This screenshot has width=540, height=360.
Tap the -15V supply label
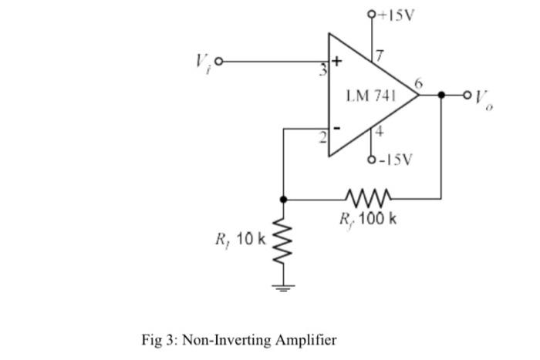coord(395,160)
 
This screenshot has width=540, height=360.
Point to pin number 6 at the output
coord(417,82)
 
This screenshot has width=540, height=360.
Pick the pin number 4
coord(379,132)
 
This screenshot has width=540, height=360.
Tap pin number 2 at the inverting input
coord(325,136)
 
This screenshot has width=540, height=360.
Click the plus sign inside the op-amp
coord(336,61)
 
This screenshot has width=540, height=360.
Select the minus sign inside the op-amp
coord(336,128)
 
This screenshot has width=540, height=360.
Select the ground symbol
coord(284,290)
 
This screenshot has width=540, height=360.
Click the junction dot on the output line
coord(441,96)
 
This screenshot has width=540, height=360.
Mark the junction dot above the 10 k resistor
coord(284,199)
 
